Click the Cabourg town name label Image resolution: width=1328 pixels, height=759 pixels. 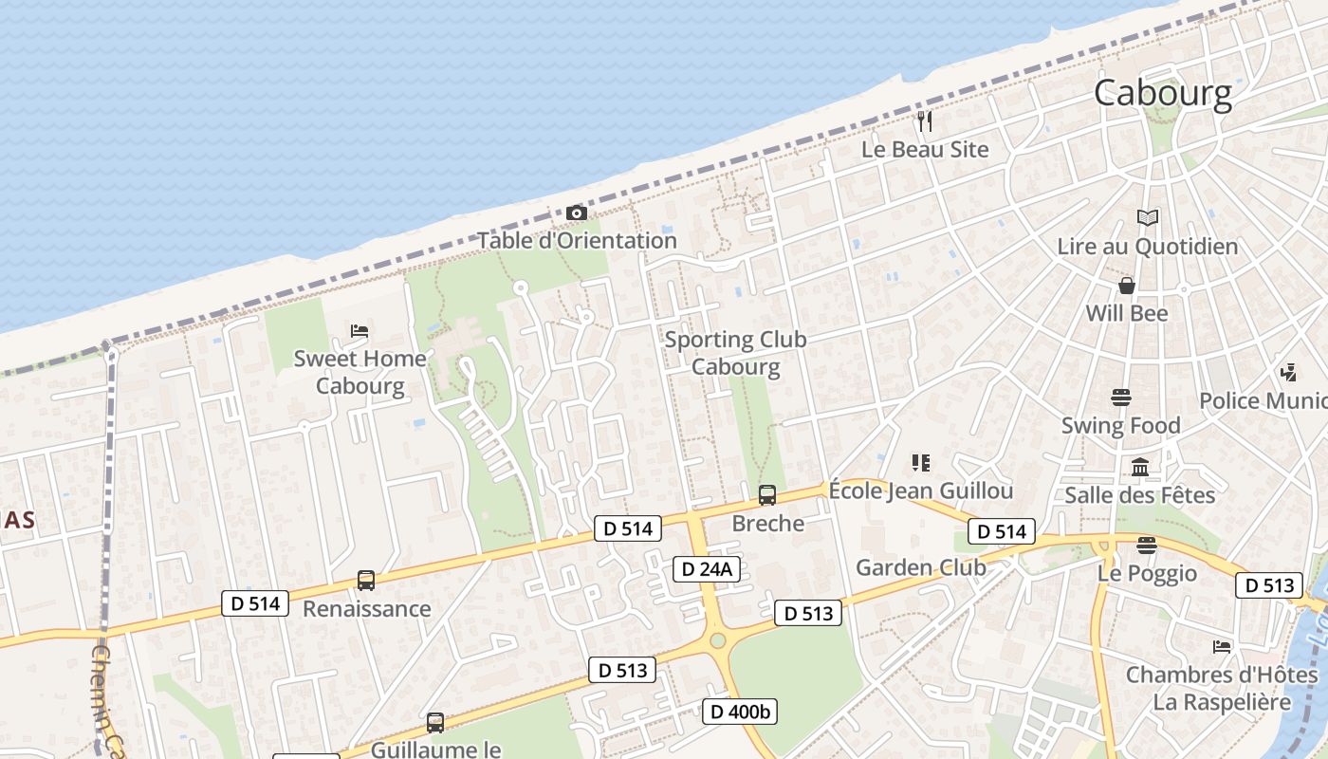pos(1163,93)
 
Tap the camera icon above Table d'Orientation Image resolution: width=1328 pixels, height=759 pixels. pos(576,213)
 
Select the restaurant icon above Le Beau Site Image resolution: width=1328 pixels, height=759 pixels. pos(925,121)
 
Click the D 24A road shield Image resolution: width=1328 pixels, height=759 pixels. pos(706,568)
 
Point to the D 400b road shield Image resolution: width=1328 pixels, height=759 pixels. pos(740,711)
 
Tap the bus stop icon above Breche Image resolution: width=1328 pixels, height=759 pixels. pos(767,494)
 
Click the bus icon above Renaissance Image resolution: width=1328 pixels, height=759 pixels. pos(365,581)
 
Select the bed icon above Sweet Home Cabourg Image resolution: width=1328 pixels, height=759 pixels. pos(360,330)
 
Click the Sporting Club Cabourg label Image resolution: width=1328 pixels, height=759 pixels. pos(735,353)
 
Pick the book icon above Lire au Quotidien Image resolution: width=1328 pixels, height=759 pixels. pos(1148,218)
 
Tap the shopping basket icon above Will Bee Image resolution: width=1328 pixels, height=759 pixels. pos(1127,286)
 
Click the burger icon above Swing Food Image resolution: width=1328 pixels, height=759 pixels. pos(1121,397)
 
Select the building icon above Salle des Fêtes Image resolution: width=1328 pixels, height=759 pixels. pos(1140,467)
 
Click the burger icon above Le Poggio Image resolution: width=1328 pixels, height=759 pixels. pos(1147,546)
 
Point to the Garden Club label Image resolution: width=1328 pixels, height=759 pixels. pos(921,567)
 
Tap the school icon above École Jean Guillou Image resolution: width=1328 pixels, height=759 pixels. pos(920,463)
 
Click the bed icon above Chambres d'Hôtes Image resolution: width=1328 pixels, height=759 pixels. pos(1222,647)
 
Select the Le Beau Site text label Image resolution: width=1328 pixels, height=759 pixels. pos(925,150)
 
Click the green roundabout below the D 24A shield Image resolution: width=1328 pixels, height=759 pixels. pos(718,640)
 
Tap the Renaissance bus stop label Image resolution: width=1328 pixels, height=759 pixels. pos(366,609)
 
